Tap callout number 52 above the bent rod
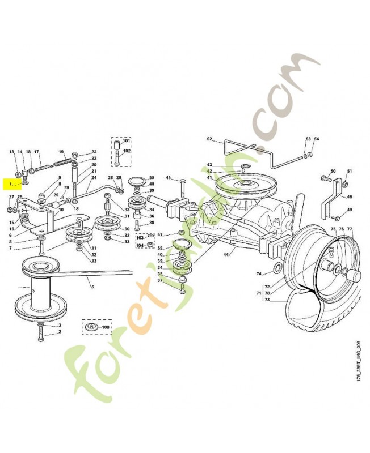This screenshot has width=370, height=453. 209,139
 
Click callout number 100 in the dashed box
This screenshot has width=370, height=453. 106,327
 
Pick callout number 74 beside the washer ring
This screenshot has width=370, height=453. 259,273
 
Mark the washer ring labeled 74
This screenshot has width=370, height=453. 276,267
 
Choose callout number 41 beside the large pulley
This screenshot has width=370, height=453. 209,178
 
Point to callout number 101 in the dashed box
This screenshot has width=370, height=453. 127,140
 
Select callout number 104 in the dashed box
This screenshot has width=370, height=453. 140,245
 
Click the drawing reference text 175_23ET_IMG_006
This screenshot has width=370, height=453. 359,362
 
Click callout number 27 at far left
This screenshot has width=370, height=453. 11,196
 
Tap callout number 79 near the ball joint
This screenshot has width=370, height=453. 66,188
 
